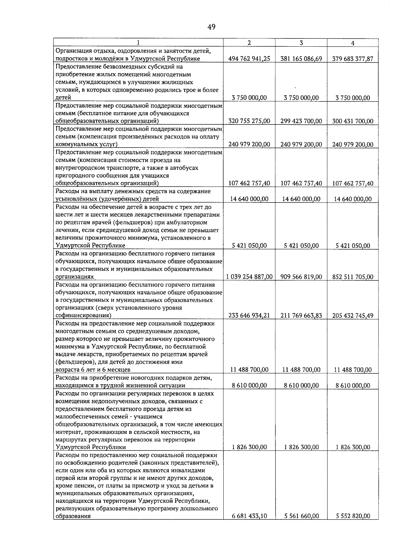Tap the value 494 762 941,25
249,59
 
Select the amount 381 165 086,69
301,59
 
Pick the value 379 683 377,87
353,59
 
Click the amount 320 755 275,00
249,121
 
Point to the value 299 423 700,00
301,121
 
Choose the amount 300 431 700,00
353,121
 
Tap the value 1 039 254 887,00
249,277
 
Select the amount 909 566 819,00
301,277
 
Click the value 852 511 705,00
353,277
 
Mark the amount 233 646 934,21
249,315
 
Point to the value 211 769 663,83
301,315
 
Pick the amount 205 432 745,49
353,316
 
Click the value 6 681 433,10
249,525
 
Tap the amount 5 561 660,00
301,525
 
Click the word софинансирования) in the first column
83,315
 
